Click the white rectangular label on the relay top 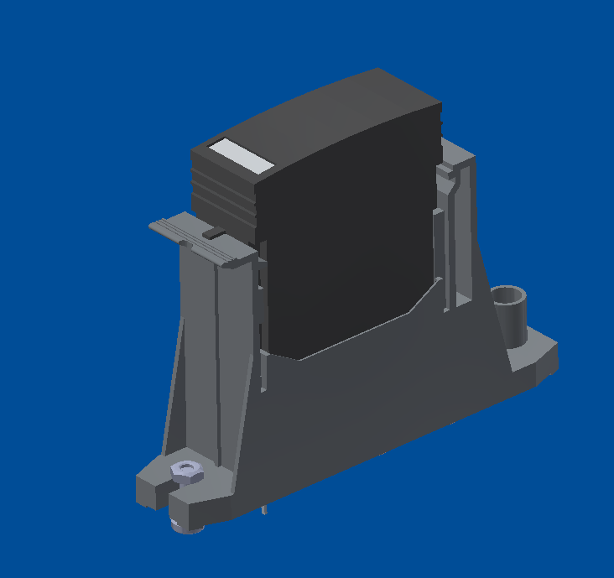(241, 156)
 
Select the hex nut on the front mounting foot (186, 471)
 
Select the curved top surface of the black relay (336, 117)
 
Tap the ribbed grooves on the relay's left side (220, 197)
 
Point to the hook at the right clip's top (450, 172)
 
